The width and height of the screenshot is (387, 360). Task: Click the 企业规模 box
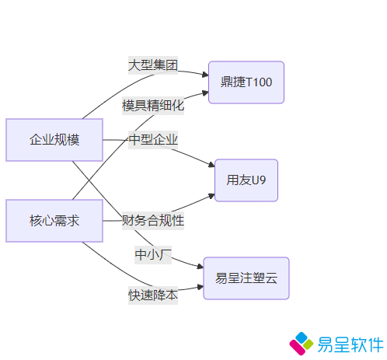pyautogui.click(x=54, y=140)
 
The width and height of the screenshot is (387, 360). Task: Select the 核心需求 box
pyautogui.click(x=54, y=221)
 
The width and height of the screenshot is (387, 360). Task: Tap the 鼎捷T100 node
pyautogui.click(x=246, y=82)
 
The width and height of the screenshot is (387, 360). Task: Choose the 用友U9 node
pyautogui.click(x=246, y=180)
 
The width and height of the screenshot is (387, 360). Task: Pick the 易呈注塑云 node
pyautogui.click(x=246, y=278)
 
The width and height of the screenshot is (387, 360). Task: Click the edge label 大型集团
pyautogui.click(x=153, y=65)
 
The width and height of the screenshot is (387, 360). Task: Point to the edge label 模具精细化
pyautogui.click(x=153, y=106)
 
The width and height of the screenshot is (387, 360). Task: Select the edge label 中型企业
pyautogui.click(x=153, y=140)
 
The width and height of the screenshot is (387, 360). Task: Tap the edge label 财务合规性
pyautogui.click(x=153, y=221)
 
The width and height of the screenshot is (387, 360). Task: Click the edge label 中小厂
pyautogui.click(x=153, y=255)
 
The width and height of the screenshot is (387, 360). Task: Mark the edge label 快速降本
pyautogui.click(x=153, y=295)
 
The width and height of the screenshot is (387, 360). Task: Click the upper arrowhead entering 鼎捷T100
pyautogui.click(x=206, y=75)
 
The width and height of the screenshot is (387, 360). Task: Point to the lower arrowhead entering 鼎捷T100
pyautogui.click(x=206, y=93)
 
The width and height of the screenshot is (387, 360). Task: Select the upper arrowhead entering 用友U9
pyautogui.click(x=212, y=164)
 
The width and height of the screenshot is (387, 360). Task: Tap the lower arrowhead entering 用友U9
pyautogui.click(x=212, y=196)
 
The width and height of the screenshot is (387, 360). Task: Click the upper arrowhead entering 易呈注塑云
pyautogui.click(x=200, y=266)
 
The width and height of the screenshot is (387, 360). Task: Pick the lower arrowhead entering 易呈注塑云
pyautogui.click(x=200, y=287)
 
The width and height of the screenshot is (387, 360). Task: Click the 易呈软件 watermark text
pyautogui.click(x=350, y=344)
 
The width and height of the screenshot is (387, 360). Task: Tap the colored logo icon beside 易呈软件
pyautogui.click(x=302, y=344)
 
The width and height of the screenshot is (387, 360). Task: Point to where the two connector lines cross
pyautogui.click(x=89, y=180)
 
